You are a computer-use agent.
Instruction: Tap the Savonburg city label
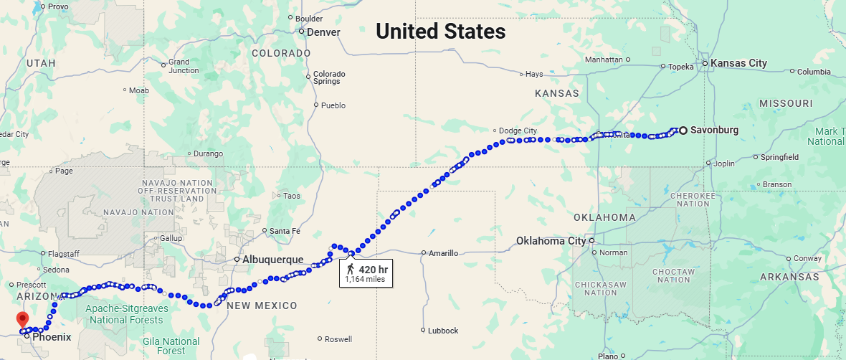[714, 130]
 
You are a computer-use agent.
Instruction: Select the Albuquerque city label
[273, 260]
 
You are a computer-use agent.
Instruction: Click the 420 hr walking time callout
[366, 273]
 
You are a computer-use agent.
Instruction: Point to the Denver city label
[323, 32]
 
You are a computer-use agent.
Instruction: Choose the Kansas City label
[738, 63]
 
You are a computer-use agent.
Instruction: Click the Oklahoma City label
[551, 241]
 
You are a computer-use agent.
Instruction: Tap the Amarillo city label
[444, 253]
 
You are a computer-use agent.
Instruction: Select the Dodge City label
[518, 131]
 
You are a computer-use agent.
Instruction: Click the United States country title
[440, 32]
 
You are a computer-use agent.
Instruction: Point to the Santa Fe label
[285, 231]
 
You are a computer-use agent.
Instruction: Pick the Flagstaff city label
[64, 254]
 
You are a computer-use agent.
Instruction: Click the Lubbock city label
[442, 331]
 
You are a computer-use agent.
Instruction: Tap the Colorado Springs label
[329, 77]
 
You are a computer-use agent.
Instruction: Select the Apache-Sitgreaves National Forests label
[125, 315]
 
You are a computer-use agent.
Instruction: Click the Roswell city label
[338, 339]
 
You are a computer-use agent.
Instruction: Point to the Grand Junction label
[184, 66]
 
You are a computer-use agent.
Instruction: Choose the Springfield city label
[779, 157]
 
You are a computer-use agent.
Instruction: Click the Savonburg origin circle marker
[683, 130]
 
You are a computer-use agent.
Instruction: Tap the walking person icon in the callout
[351, 269]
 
